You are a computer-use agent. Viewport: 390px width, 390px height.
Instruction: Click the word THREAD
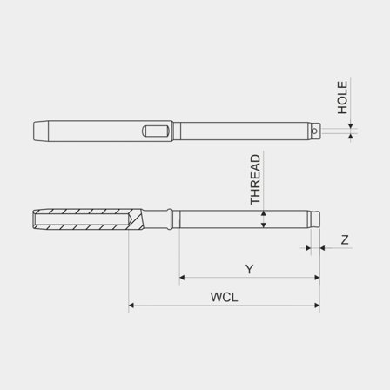(x=255, y=179)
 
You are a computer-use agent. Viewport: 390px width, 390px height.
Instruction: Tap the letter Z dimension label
(x=345, y=239)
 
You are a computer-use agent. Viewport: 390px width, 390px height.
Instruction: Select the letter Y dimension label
(x=249, y=270)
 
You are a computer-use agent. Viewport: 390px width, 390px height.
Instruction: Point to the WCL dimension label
(x=224, y=297)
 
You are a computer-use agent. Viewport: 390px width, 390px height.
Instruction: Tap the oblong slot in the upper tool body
(x=155, y=131)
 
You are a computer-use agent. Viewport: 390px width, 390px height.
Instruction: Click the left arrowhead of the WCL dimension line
(x=131, y=306)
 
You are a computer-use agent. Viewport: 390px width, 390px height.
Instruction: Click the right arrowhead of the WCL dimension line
(x=316, y=306)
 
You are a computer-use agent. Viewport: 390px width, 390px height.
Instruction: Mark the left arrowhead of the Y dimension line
(x=182, y=279)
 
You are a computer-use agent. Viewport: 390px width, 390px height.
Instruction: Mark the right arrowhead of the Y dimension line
(x=316, y=279)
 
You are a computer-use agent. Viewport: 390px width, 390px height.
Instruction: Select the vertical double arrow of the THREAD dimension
(x=263, y=218)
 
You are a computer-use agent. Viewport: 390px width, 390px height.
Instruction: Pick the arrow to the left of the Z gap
(x=309, y=248)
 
